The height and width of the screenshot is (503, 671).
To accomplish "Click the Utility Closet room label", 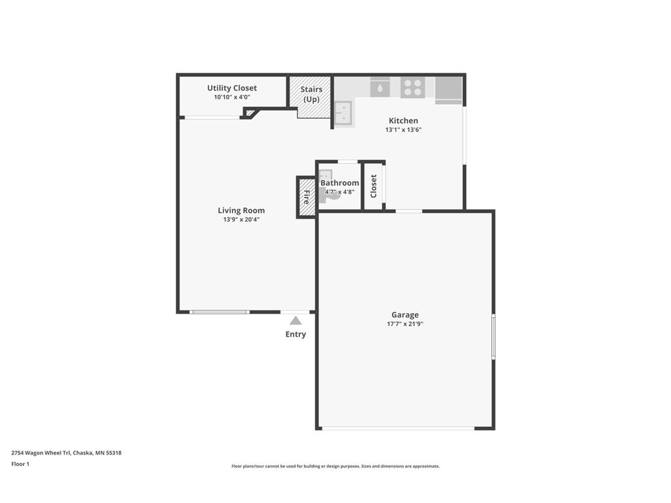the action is (232, 88).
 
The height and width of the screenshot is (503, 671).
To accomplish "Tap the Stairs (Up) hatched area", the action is (311, 98).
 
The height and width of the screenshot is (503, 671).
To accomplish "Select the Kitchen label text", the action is (403, 121).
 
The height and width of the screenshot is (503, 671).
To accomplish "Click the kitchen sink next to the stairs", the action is (343, 113).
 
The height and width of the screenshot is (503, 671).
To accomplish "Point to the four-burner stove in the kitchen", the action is (413, 88).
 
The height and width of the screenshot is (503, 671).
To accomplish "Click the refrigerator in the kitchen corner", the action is (448, 90).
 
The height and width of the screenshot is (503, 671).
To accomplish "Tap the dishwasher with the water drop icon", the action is (380, 87).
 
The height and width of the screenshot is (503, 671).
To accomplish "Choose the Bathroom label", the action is (340, 183).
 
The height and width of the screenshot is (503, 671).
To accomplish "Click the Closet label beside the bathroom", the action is (373, 186).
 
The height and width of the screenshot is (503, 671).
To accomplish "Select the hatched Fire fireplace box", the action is (307, 197).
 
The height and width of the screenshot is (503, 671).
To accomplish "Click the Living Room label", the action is (241, 210).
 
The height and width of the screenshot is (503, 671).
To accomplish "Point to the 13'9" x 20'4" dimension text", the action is (241, 220).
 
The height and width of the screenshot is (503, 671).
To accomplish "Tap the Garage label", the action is (405, 315).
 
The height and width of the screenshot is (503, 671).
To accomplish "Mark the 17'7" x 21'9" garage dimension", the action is (405, 324).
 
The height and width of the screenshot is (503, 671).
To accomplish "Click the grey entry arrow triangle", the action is (296, 321).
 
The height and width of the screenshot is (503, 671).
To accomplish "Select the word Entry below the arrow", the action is (296, 335).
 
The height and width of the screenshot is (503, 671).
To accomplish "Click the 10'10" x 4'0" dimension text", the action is (232, 98).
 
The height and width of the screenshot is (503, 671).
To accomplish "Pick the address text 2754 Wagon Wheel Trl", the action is (41, 453).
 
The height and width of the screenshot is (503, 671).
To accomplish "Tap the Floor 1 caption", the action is (20, 464).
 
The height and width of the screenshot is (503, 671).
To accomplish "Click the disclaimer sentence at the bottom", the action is (335, 466).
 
